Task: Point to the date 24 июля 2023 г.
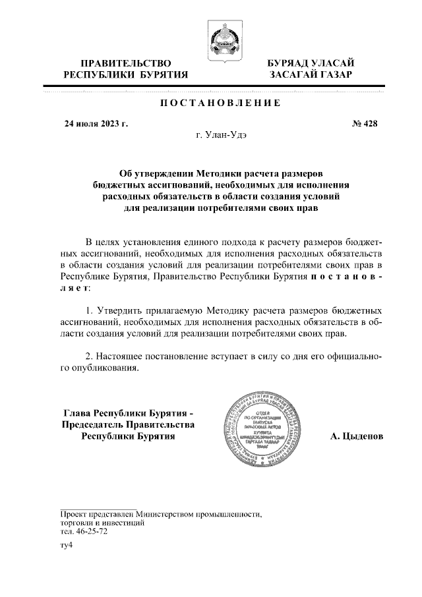(96, 123)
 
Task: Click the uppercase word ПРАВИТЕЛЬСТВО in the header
(121, 63)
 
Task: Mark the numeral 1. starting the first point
(90, 309)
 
